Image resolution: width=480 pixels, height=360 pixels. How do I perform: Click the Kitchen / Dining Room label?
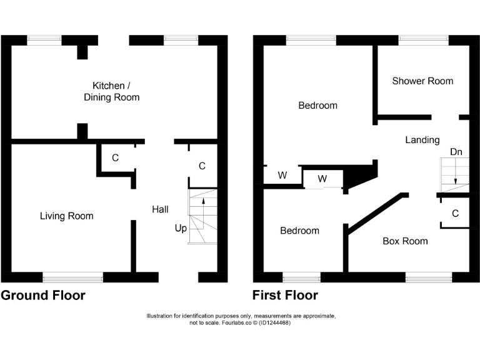(112, 91)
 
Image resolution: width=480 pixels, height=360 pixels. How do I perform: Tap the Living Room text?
(66, 216)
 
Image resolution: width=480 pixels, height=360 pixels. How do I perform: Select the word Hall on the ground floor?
(160, 209)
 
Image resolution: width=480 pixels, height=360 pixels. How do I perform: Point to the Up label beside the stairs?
(181, 229)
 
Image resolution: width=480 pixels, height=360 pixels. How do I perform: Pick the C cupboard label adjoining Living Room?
(115, 158)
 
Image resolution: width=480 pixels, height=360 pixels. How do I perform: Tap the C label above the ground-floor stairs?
(202, 166)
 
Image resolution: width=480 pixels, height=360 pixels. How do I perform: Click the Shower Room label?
(422, 81)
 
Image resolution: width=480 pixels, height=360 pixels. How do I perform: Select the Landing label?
(422, 140)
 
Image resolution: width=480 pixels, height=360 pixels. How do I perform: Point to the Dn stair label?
(456, 152)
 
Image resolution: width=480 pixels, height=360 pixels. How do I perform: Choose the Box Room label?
(405, 241)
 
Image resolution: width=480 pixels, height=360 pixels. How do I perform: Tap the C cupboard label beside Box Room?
(455, 214)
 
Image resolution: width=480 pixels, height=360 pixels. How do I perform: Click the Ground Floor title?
(43, 295)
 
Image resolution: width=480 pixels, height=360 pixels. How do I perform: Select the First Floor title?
(285, 295)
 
